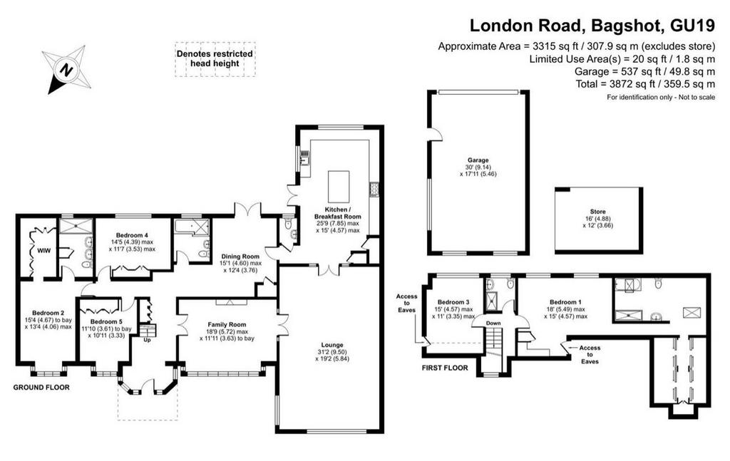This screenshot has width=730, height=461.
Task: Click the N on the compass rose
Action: click(x=66, y=71)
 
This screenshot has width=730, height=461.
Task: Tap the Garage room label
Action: click(x=478, y=160)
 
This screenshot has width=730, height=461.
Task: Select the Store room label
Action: click(x=598, y=212)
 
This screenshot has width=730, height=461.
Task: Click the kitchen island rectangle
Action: click(x=339, y=185)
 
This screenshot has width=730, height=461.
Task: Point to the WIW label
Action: click(x=43, y=251)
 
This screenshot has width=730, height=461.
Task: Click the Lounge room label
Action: click(x=332, y=345)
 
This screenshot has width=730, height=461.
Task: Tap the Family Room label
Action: click(x=227, y=325)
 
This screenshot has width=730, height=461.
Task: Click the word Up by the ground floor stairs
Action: click(x=148, y=340)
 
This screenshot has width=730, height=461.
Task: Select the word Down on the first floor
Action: click(x=493, y=323)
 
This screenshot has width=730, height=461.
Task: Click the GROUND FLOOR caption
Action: click(x=41, y=387)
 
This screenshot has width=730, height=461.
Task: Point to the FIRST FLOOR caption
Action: click(x=445, y=368)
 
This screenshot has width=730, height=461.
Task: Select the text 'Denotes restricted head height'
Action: click(x=215, y=58)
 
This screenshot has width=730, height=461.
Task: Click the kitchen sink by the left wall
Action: click(x=305, y=160)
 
